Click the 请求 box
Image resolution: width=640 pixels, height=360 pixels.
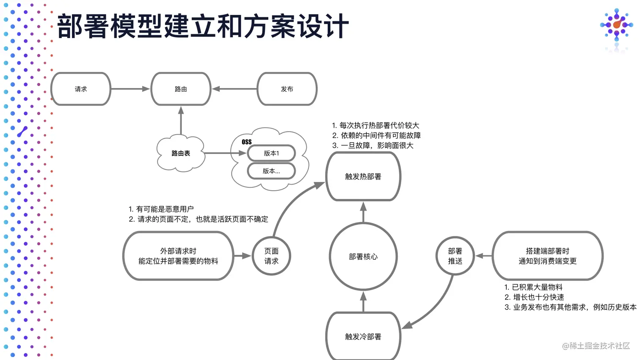tap(81, 89)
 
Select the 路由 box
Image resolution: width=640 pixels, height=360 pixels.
tap(181, 89)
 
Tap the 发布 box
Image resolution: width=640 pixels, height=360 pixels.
tap(287, 89)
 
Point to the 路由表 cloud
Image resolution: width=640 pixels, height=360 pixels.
tap(181, 153)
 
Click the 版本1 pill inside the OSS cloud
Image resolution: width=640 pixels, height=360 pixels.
tap(271, 153)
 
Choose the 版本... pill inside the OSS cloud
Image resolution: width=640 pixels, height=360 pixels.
tap(271, 171)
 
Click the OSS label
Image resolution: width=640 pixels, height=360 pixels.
tap(247, 142)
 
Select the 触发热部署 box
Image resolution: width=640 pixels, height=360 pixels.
tap(363, 176)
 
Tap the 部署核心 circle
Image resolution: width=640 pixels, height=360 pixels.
tap(363, 256)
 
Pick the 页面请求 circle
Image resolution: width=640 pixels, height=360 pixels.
tap(271, 256)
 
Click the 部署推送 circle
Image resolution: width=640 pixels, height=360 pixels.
tap(455, 256)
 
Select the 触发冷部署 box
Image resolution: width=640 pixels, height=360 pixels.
tap(363, 336)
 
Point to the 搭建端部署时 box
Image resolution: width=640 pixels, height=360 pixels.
tap(547, 256)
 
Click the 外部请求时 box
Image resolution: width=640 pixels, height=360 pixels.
tap(178, 256)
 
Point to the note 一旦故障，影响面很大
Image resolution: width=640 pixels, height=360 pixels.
tap(373, 146)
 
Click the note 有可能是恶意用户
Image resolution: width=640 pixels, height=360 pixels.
tap(161, 209)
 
